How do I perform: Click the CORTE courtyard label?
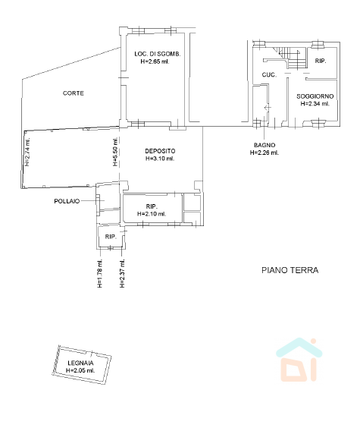coord(74,93)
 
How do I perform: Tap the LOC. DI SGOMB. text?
coord(158,54)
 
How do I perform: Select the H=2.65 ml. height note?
coord(155,61)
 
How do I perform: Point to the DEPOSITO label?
coord(160,151)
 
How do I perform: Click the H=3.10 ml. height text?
coord(160,159)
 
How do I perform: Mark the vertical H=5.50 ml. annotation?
coord(115,152)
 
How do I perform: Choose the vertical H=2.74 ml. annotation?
coord(27,152)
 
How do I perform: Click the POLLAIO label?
coord(67,201)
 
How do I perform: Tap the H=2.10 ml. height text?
coord(152,214)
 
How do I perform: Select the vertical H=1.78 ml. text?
coord(100,273)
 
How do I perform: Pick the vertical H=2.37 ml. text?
coord(122,273)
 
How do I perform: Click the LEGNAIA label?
coord(80,363)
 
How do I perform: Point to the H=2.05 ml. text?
coord(80,370)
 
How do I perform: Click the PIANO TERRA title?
coord(290,270)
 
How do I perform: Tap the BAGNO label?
coord(265,145)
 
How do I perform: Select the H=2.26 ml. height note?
coord(265,153)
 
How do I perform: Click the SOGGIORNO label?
coord(315,96)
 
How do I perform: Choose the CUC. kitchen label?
coord(269,74)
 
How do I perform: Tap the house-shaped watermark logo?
coord(299,360)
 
